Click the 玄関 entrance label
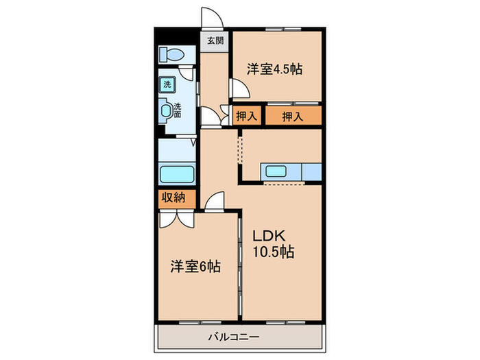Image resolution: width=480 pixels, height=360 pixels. [x=215, y=40]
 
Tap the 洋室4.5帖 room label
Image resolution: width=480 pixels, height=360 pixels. [x=274, y=69]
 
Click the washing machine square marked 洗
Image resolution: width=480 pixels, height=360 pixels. [x=166, y=84]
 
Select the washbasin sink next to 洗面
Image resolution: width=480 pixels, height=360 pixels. [x=166, y=110]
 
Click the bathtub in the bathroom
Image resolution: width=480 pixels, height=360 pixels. [x=177, y=173]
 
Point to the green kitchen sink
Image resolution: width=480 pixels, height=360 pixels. [x=277, y=171]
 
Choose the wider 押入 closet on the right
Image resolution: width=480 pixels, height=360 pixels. [x=292, y=116]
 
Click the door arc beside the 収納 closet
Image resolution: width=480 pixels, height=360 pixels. [x=215, y=200]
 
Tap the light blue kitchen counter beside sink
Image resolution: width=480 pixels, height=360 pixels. [x=309, y=171]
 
